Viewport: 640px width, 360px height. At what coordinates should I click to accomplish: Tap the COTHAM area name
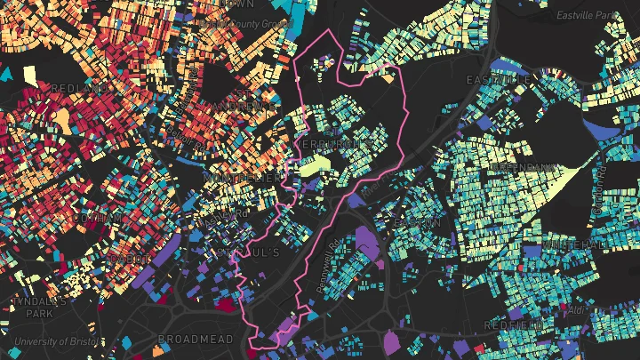pos(100,218)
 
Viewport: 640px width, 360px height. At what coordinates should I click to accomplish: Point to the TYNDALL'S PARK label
pos(40,307)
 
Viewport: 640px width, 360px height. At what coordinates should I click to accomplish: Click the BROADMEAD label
pos(195,339)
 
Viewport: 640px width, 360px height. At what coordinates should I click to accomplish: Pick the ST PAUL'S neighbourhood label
pos(252,252)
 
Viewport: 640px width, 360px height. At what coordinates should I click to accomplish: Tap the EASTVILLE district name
pos(504,80)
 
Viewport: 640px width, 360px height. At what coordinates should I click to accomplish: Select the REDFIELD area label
pos(514,325)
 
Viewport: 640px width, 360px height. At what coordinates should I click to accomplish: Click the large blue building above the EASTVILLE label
pos(508,66)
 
